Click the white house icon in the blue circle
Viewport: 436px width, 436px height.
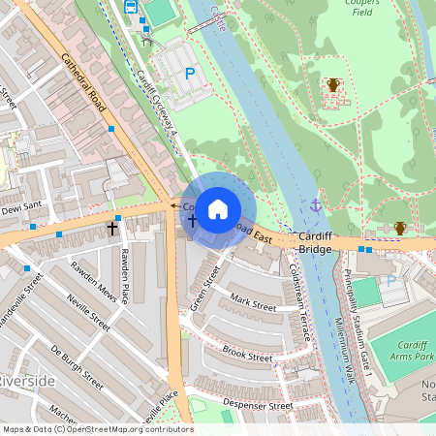click(x=218, y=208)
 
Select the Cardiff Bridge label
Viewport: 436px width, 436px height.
click(x=316, y=242)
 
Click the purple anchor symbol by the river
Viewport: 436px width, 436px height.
click(x=316, y=205)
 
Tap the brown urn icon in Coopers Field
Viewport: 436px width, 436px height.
click(x=333, y=85)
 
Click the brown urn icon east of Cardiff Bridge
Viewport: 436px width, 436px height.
click(x=399, y=228)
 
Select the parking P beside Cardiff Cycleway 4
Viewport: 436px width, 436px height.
click(x=190, y=73)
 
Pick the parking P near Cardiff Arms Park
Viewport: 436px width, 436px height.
click(x=391, y=281)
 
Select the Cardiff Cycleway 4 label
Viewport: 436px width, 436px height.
click(x=158, y=102)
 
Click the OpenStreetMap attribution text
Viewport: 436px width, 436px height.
click(x=97, y=429)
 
